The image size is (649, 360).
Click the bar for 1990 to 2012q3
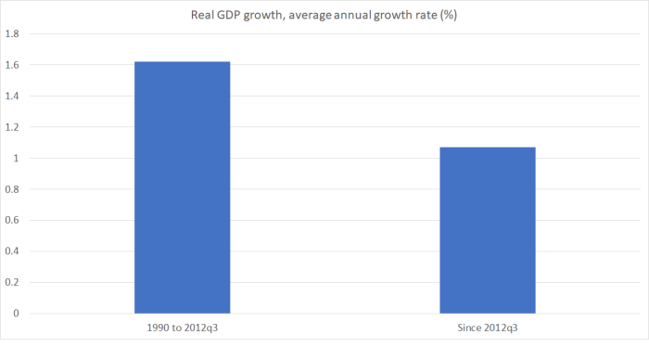coord(182,187)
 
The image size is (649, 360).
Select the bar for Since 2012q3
coord(488,230)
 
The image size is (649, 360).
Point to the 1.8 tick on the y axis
coord(13,34)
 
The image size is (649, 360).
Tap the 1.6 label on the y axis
coord(13,65)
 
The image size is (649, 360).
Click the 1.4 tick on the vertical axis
coord(13,96)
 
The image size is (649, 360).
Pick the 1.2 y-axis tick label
coord(13,127)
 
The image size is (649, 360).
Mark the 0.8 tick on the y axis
coord(13,189)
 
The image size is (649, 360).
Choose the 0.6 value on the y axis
coord(13,221)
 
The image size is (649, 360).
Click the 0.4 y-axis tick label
coord(13,251)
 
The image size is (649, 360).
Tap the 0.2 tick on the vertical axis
coord(13,283)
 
